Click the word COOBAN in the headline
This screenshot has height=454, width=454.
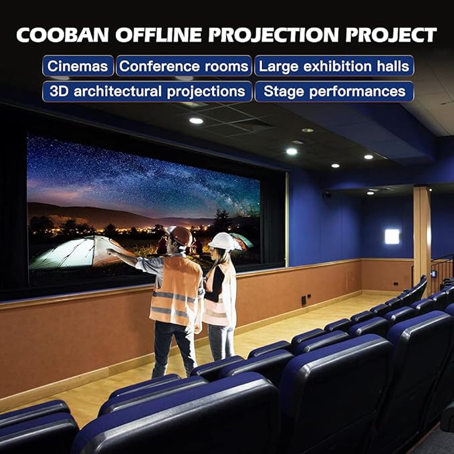[x=63, y=35]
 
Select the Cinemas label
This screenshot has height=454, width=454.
[x=78, y=66]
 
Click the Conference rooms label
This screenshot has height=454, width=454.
[x=184, y=66]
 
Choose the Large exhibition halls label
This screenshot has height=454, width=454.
[x=334, y=66]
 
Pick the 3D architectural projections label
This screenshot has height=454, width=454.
[x=147, y=92]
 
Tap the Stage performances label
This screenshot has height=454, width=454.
[x=334, y=92]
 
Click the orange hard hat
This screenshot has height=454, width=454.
[x=180, y=236]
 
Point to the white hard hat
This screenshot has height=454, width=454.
[x=223, y=241]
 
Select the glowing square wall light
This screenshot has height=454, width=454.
[x=392, y=236]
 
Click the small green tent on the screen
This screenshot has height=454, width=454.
[x=242, y=240]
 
